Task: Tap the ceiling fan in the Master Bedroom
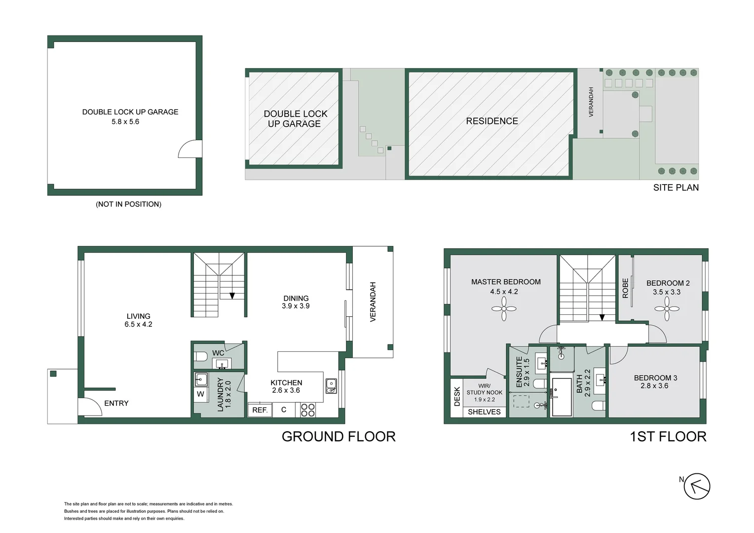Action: [x=504, y=309]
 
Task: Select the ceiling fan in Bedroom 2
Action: [x=667, y=309]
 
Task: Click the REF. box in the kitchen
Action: [x=260, y=410]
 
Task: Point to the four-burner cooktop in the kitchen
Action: [x=308, y=410]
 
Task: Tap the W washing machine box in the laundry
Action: [x=200, y=394]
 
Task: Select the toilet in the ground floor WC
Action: [x=201, y=356]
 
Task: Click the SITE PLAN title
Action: [x=676, y=188]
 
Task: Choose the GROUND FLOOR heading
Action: [x=339, y=436]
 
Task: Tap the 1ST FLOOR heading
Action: [x=668, y=436]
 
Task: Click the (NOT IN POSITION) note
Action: [x=128, y=204]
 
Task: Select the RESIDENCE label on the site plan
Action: [x=492, y=121]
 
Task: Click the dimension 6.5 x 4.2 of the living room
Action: [x=138, y=324]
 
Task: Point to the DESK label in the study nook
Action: [x=457, y=396]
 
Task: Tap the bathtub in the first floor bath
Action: [x=562, y=397]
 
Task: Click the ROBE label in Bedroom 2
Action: [x=625, y=288]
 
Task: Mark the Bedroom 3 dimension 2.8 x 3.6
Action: [x=654, y=385]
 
